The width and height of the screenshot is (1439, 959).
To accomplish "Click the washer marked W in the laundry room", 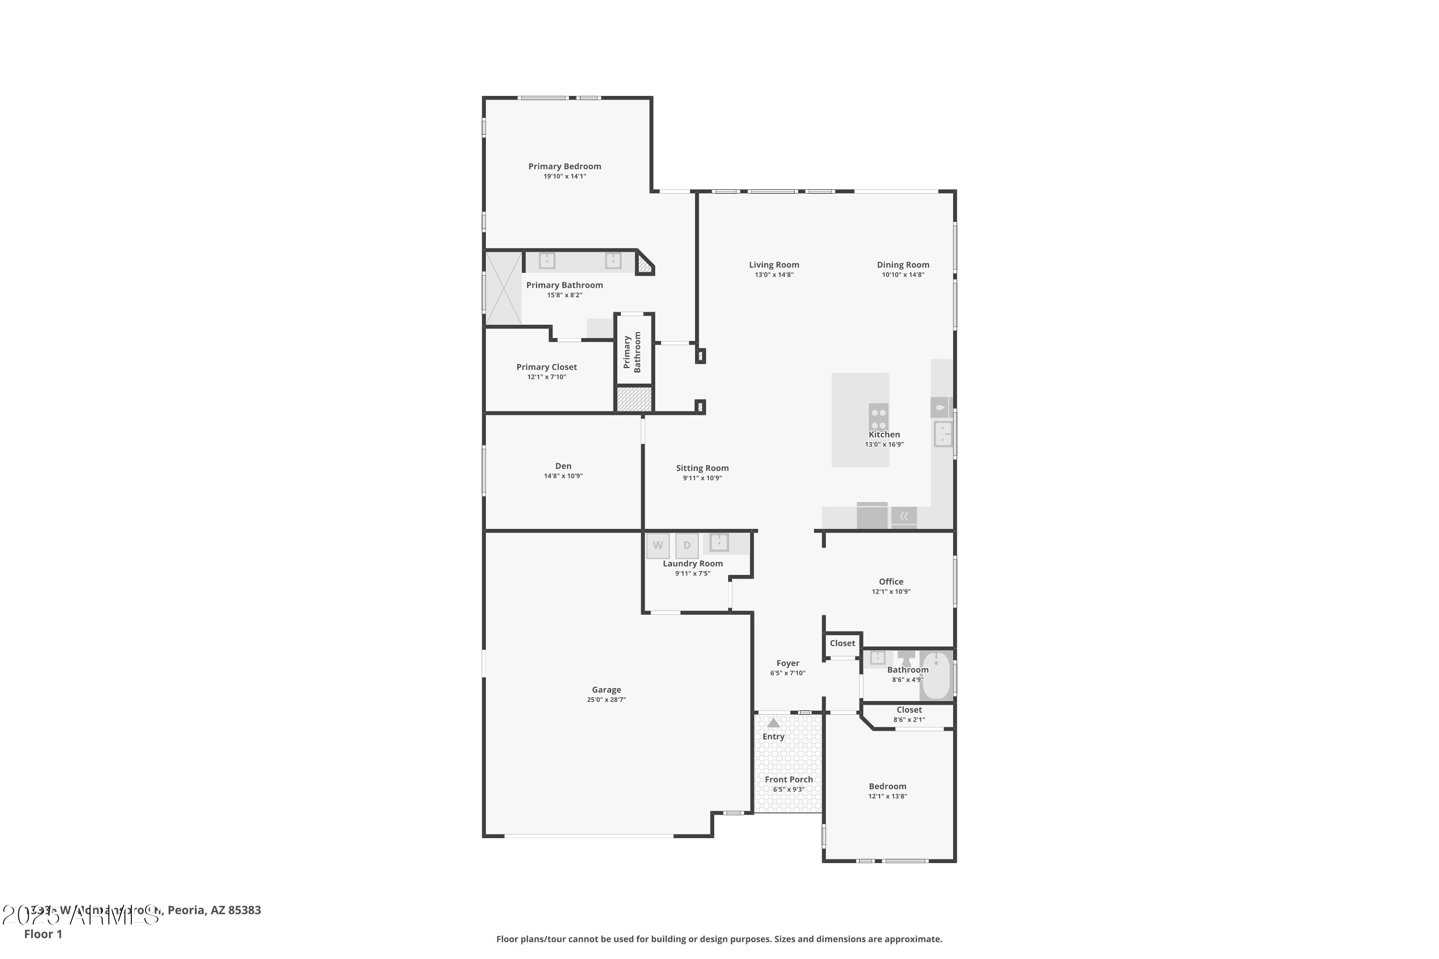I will click(658, 546).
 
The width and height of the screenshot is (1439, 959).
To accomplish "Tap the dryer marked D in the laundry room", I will click(686, 546).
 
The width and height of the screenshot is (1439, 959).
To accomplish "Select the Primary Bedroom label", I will click(564, 166).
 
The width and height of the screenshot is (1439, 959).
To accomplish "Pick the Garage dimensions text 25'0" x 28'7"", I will click(606, 700).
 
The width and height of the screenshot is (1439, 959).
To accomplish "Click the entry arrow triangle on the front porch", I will click(773, 723).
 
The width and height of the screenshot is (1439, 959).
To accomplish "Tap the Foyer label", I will click(788, 663).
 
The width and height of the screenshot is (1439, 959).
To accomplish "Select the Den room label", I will click(563, 466).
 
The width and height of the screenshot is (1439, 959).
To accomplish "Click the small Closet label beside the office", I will click(842, 643).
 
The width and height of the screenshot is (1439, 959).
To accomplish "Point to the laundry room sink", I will click(719, 542).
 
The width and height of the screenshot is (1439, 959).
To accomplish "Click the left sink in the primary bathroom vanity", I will click(546, 260).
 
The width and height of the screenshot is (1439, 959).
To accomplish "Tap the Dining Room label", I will click(902, 265).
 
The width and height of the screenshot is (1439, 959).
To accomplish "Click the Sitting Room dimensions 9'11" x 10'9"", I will click(702, 478).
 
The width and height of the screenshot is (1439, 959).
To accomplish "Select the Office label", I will click(891, 582).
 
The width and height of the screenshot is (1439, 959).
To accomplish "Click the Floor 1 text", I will click(43, 934).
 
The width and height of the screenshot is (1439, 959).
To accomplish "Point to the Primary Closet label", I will click(546, 367).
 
